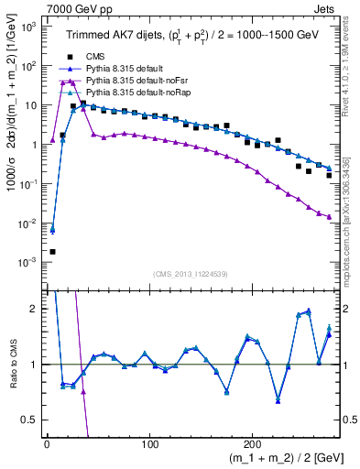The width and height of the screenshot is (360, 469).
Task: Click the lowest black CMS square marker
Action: [x=52, y=252]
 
